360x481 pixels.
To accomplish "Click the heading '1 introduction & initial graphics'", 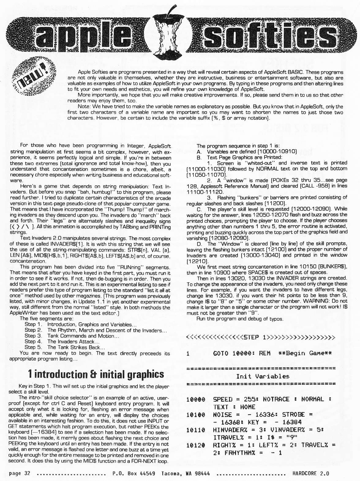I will pyautogui.click(x=96, y=374).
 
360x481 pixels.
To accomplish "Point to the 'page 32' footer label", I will pyautogui.click(x=20, y=473).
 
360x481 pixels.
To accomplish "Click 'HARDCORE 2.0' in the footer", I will pyautogui.click(x=311, y=473).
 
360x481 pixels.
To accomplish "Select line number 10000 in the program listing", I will pyautogui.click(x=196, y=399).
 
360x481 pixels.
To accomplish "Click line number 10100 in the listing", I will pyautogui.click(x=196, y=415).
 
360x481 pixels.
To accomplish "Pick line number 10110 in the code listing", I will pyautogui.click(x=196, y=430).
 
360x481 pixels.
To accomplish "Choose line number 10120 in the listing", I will pyautogui.click(x=196, y=445).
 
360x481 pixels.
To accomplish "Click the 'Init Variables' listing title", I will pyautogui.click(x=263, y=376).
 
